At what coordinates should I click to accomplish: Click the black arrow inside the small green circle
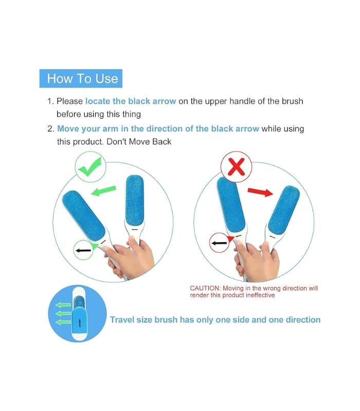[83, 250]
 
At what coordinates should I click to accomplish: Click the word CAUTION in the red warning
[205, 289]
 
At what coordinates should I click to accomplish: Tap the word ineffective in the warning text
[259, 295]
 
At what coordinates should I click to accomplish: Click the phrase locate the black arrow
[131, 101]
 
